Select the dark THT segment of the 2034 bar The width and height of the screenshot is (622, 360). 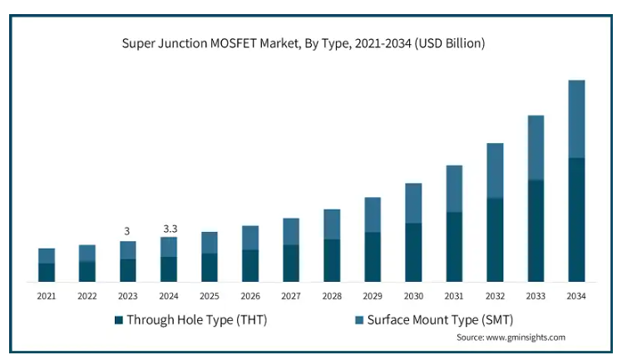(576, 219)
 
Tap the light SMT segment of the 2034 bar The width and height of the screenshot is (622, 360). (576, 119)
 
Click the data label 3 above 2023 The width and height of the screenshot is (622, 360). (127, 230)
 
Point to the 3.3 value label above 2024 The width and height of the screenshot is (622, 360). (169, 227)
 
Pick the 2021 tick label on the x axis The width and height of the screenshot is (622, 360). (47, 295)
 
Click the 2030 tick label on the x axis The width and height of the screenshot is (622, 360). (413, 295)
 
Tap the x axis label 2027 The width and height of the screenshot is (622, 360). (291, 295)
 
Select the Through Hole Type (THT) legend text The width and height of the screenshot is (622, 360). (197, 319)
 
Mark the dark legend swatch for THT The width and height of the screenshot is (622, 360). (119, 319)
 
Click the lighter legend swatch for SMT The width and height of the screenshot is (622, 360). (359, 319)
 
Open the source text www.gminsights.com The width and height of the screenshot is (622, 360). (511, 338)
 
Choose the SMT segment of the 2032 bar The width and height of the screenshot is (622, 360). (495, 170)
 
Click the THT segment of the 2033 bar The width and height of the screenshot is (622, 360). (536, 230)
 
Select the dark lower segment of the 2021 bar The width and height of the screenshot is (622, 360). (47, 273)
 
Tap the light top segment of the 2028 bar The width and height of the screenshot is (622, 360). (332, 224)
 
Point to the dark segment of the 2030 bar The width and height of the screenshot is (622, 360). (413, 252)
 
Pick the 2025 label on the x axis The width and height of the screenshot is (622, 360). (210, 295)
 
